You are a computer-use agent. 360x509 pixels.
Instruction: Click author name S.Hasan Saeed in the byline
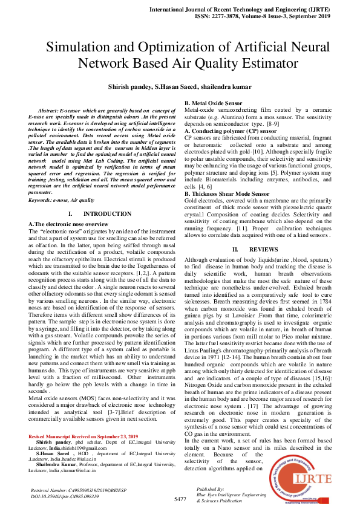(182, 88)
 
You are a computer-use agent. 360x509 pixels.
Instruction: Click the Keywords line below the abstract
(61, 183)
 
